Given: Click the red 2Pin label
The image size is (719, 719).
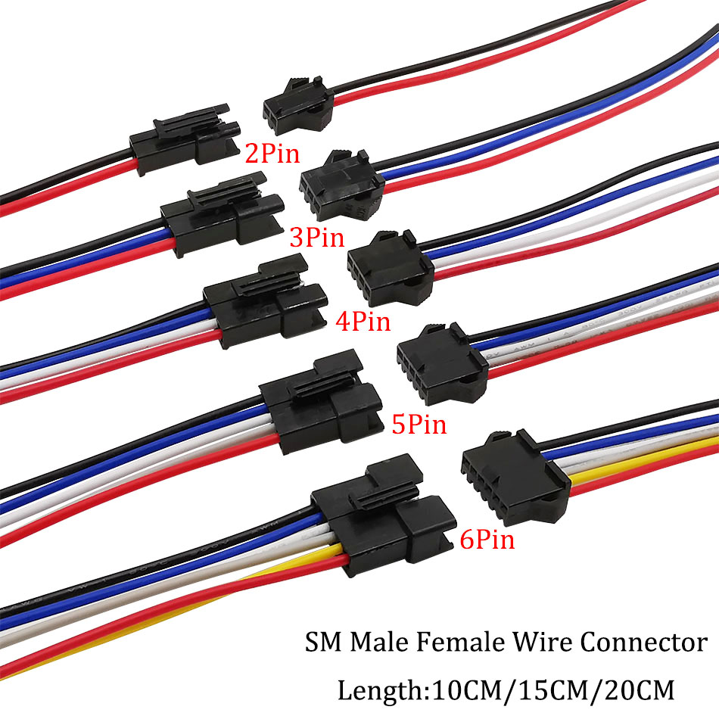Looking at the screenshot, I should pos(272,154).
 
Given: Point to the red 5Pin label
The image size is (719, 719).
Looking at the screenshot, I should pos(419,424).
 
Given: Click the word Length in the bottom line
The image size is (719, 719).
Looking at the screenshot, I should pos(376,690).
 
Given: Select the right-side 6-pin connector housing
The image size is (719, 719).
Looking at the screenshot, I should pos(511,470).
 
